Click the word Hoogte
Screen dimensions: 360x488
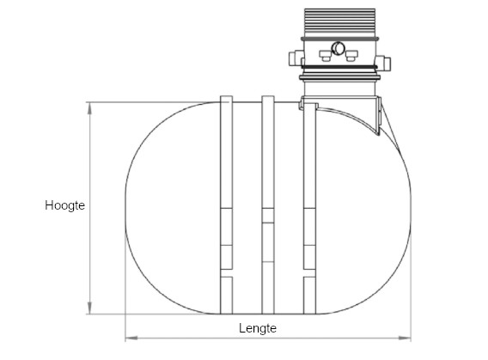pyautogui.click(x=64, y=206)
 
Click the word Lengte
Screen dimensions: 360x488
pyautogui.click(x=258, y=328)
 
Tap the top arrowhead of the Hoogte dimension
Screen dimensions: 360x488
pyautogui.click(x=90, y=106)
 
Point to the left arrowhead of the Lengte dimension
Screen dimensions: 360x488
pyautogui.click(x=130, y=337)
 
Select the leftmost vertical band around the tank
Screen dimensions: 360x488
pyautogui.click(x=227, y=206)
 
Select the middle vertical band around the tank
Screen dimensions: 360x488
pyautogui.click(x=267, y=206)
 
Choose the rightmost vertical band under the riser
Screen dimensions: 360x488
pyautogui.click(x=311, y=215)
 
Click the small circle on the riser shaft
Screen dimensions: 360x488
pyautogui.click(x=338, y=48)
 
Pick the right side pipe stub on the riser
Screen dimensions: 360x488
pyautogui.click(x=386, y=62)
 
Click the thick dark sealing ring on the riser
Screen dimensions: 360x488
pyautogui.click(x=339, y=66)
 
